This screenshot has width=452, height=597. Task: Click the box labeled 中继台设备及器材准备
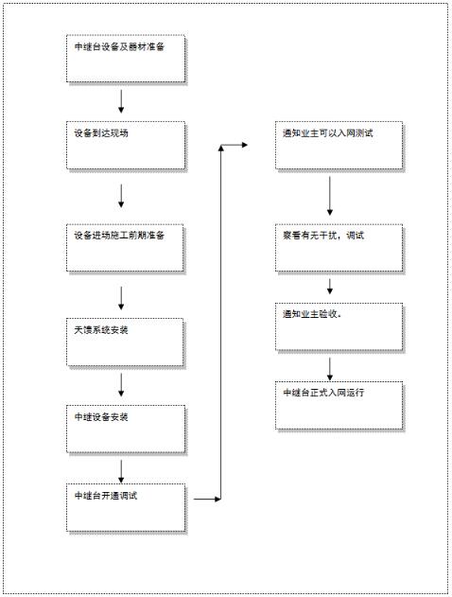coord(126,59)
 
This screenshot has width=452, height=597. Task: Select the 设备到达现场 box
coord(126,145)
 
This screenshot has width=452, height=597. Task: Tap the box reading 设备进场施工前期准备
coord(125,248)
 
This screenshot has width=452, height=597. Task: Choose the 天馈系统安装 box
coord(125,342)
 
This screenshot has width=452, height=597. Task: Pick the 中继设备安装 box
coord(126,429)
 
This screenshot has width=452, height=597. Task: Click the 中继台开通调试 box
coord(126,507)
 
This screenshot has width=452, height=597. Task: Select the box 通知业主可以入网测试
coord(339,145)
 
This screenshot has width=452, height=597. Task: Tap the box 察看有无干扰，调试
coord(339,248)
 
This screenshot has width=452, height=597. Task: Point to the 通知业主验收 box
coord(339,326)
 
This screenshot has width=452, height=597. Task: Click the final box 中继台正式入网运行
coord(339,406)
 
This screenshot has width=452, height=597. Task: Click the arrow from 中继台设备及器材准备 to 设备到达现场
coord(121,101)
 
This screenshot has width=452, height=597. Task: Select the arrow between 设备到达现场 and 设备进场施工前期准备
coord(121,196)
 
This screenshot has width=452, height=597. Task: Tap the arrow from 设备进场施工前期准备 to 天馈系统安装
coord(121,298)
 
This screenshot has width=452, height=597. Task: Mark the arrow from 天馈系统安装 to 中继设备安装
coord(121,385)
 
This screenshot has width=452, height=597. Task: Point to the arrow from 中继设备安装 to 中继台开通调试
coord(121,472)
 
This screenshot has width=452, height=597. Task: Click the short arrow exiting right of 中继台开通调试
coord(207,499)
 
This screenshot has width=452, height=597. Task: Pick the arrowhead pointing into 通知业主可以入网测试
coord(245,145)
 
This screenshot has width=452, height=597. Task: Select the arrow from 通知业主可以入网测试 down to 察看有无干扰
coord(330,196)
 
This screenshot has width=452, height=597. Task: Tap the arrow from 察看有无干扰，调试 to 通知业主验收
coord(330,287)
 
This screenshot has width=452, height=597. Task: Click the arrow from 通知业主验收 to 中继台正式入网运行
coord(330,369)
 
